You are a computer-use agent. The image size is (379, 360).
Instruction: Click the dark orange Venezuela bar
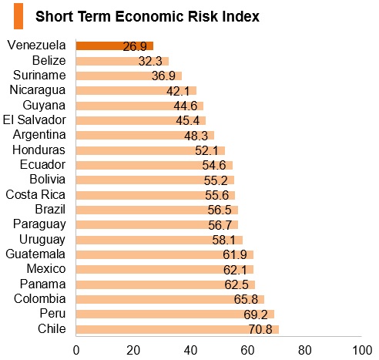pos(115,45)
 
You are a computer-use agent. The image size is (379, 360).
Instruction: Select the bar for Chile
pos(177,329)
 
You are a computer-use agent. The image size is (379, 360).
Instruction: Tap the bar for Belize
pos(122,61)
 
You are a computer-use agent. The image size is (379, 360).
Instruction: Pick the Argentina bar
pos(145,135)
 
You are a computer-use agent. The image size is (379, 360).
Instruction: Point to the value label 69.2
pos(256,315)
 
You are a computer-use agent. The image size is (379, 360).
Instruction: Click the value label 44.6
pos(186,106)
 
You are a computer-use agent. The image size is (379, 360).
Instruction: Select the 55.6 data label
pos(216,195)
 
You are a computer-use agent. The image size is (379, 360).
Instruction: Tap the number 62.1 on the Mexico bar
pos(235,270)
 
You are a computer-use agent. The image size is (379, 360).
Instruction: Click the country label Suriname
pos(39,76)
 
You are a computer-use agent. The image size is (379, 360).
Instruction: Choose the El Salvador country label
pos(35,120)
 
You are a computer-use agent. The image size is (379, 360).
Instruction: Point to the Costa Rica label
pos(35,194)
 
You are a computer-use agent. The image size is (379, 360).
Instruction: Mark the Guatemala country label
pos(35,254)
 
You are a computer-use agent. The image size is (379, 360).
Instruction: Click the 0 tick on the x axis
pos(76,350)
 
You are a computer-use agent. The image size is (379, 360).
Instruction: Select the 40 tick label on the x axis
pos(190,350)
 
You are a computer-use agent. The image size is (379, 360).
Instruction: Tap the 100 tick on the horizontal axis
pos(362,350)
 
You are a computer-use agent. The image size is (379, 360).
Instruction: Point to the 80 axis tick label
pos(305,350)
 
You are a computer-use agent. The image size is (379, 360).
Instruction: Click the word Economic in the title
pos(149,16)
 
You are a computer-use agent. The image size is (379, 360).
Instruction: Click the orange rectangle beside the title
pos(18,16)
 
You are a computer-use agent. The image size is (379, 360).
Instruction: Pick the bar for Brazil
pos(157,210)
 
